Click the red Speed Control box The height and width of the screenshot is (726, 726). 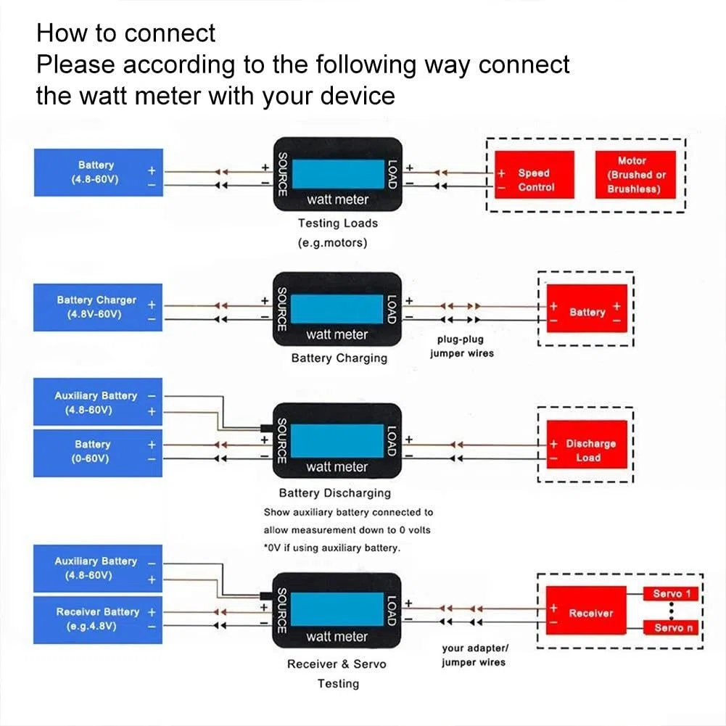pyautogui.click(x=535, y=175)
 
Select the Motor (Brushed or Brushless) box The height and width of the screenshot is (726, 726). pyautogui.click(x=635, y=175)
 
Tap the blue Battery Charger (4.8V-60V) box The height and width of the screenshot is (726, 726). pyautogui.click(x=98, y=307)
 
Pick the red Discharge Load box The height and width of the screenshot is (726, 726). pyautogui.click(x=587, y=444)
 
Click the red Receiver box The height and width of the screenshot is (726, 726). pyautogui.click(x=586, y=610)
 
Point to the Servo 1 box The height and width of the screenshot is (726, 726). pyautogui.click(x=671, y=593)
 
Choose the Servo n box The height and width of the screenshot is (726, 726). pyautogui.click(x=671, y=627)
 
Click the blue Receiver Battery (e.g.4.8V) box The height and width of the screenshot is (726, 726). pyautogui.click(x=98, y=619)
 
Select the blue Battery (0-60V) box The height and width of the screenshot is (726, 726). pyautogui.click(x=98, y=453)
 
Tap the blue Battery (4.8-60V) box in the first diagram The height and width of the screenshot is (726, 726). pyautogui.click(x=98, y=172)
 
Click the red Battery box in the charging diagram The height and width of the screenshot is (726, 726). pyautogui.click(x=587, y=308)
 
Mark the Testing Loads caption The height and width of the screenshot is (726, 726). pyautogui.click(x=337, y=223)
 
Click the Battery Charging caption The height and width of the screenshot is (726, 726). pyautogui.click(x=339, y=358)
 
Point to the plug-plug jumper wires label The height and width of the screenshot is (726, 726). pyautogui.click(x=461, y=346)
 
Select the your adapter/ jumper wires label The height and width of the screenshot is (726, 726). pyautogui.click(x=474, y=655)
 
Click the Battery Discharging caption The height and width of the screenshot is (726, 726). pyautogui.click(x=335, y=492)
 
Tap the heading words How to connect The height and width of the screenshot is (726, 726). pyautogui.click(x=125, y=33)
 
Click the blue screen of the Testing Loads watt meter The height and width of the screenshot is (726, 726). pyautogui.click(x=338, y=173)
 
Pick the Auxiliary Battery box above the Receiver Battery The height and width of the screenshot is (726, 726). pyautogui.click(x=98, y=568)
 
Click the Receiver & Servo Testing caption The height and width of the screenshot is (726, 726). pyautogui.click(x=337, y=673)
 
